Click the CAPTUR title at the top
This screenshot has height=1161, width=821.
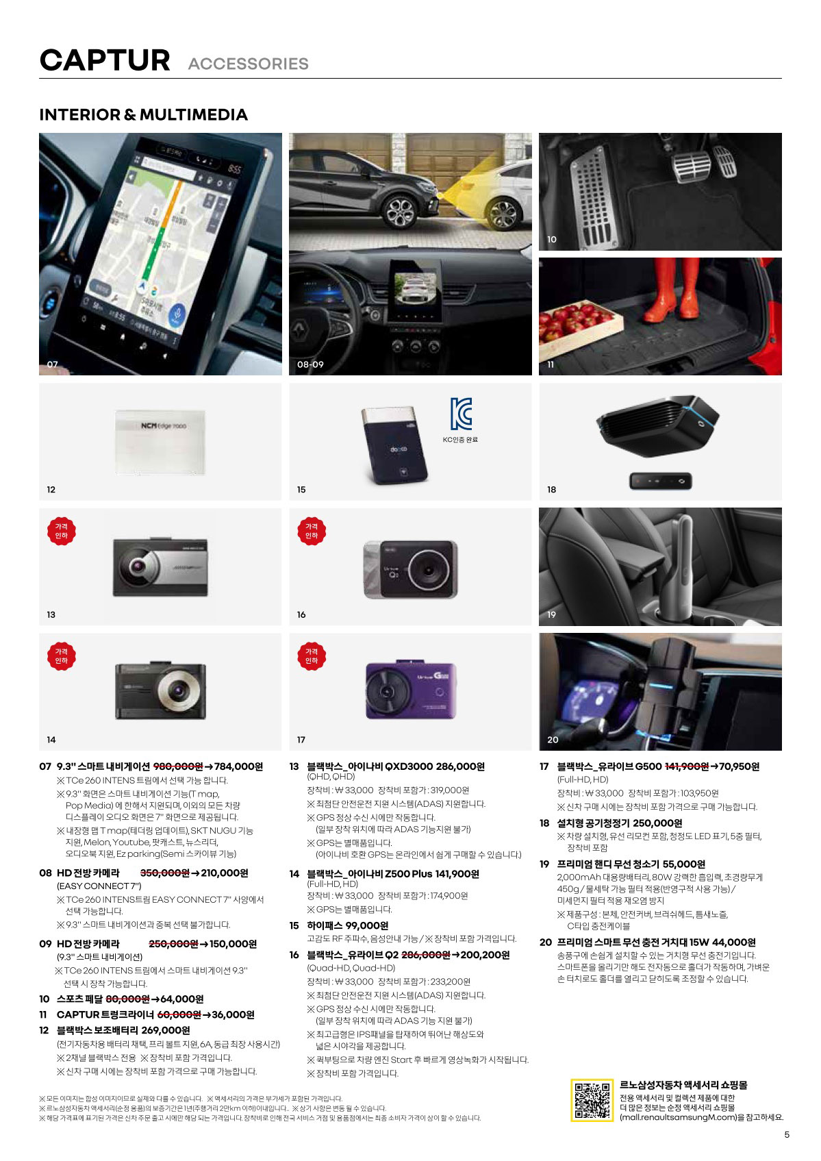105,60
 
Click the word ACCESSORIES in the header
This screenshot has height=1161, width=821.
248,64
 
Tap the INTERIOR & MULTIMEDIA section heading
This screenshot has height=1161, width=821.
144,114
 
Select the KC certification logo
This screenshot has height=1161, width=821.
460,414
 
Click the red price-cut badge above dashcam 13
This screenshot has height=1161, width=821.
61,531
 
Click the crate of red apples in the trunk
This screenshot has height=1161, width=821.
580,323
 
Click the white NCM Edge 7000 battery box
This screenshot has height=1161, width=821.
160,442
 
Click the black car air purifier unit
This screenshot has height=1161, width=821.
657,425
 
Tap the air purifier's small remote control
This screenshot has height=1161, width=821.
660,481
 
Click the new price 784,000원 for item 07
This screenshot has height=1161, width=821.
238,766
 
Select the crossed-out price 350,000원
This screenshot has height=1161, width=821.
164,873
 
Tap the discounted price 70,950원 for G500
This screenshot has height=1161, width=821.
739,766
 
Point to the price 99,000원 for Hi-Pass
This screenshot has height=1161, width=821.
367,925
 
